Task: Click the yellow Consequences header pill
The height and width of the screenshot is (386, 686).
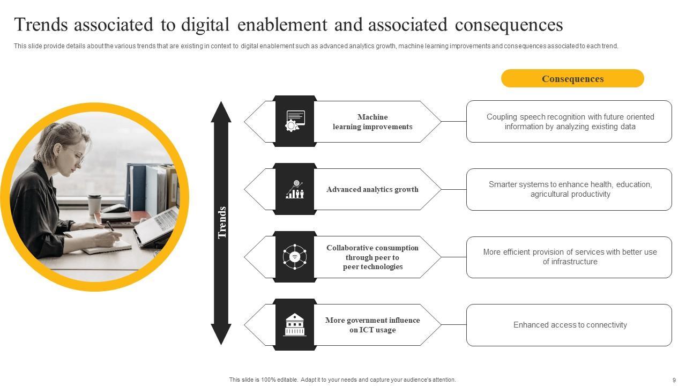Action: (x=572, y=78)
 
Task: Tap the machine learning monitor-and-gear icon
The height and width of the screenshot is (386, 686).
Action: (x=295, y=121)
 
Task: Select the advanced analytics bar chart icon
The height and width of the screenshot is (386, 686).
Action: (x=295, y=189)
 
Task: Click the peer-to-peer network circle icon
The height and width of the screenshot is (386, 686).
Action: (x=295, y=257)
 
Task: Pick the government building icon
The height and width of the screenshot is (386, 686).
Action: (x=295, y=325)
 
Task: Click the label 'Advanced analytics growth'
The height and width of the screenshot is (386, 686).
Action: (x=372, y=189)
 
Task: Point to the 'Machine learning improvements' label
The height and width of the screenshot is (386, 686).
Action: (x=372, y=122)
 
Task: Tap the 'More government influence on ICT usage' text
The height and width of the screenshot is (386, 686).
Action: (x=372, y=325)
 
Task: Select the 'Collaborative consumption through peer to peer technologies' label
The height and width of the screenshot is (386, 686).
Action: (x=372, y=257)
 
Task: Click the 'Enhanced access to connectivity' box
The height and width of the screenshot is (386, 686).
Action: (x=569, y=325)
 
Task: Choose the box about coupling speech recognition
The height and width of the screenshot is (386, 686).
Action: (x=569, y=122)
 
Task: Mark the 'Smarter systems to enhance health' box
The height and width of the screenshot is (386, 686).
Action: (x=569, y=189)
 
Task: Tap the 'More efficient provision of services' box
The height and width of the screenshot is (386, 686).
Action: (x=569, y=257)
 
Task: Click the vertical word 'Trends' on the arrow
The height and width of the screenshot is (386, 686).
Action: (x=222, y=222)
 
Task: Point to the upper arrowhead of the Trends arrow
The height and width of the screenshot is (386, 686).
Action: (x=221, y=112)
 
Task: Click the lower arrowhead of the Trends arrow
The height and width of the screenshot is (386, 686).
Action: (x=221, y=335)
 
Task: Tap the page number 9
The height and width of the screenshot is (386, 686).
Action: (x=674, y=380)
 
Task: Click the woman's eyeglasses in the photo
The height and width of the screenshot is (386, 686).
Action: (x=79, y=157)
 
